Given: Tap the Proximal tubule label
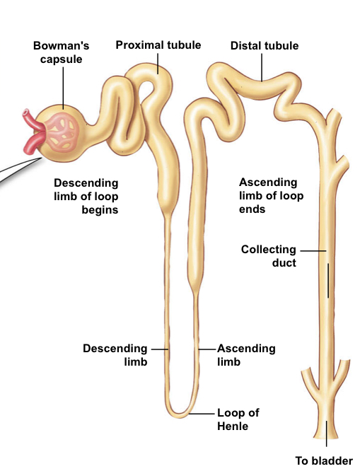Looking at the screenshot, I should pos(158,45).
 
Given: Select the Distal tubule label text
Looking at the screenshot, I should pos(265,46).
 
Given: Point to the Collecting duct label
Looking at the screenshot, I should pos(269,256).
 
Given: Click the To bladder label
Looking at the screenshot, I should pos(323,461).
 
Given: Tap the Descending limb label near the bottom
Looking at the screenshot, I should pos(115,355).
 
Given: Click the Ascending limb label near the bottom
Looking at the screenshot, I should pos(246,355).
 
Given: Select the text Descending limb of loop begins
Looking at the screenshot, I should pos(86,196).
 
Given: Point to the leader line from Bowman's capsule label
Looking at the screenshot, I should pos(62,88).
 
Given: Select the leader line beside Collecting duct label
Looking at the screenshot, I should pos(313,250).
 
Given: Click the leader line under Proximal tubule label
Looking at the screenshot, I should pos(158,64).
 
